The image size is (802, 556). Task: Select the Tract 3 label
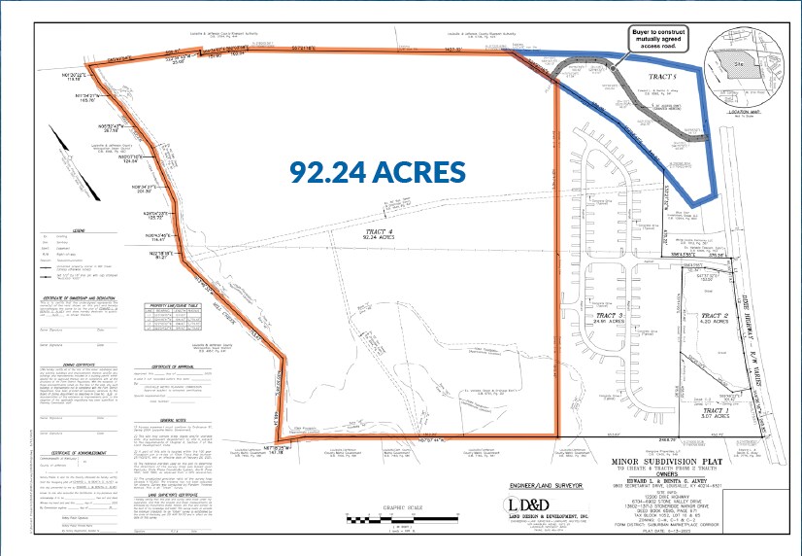point(609,316)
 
